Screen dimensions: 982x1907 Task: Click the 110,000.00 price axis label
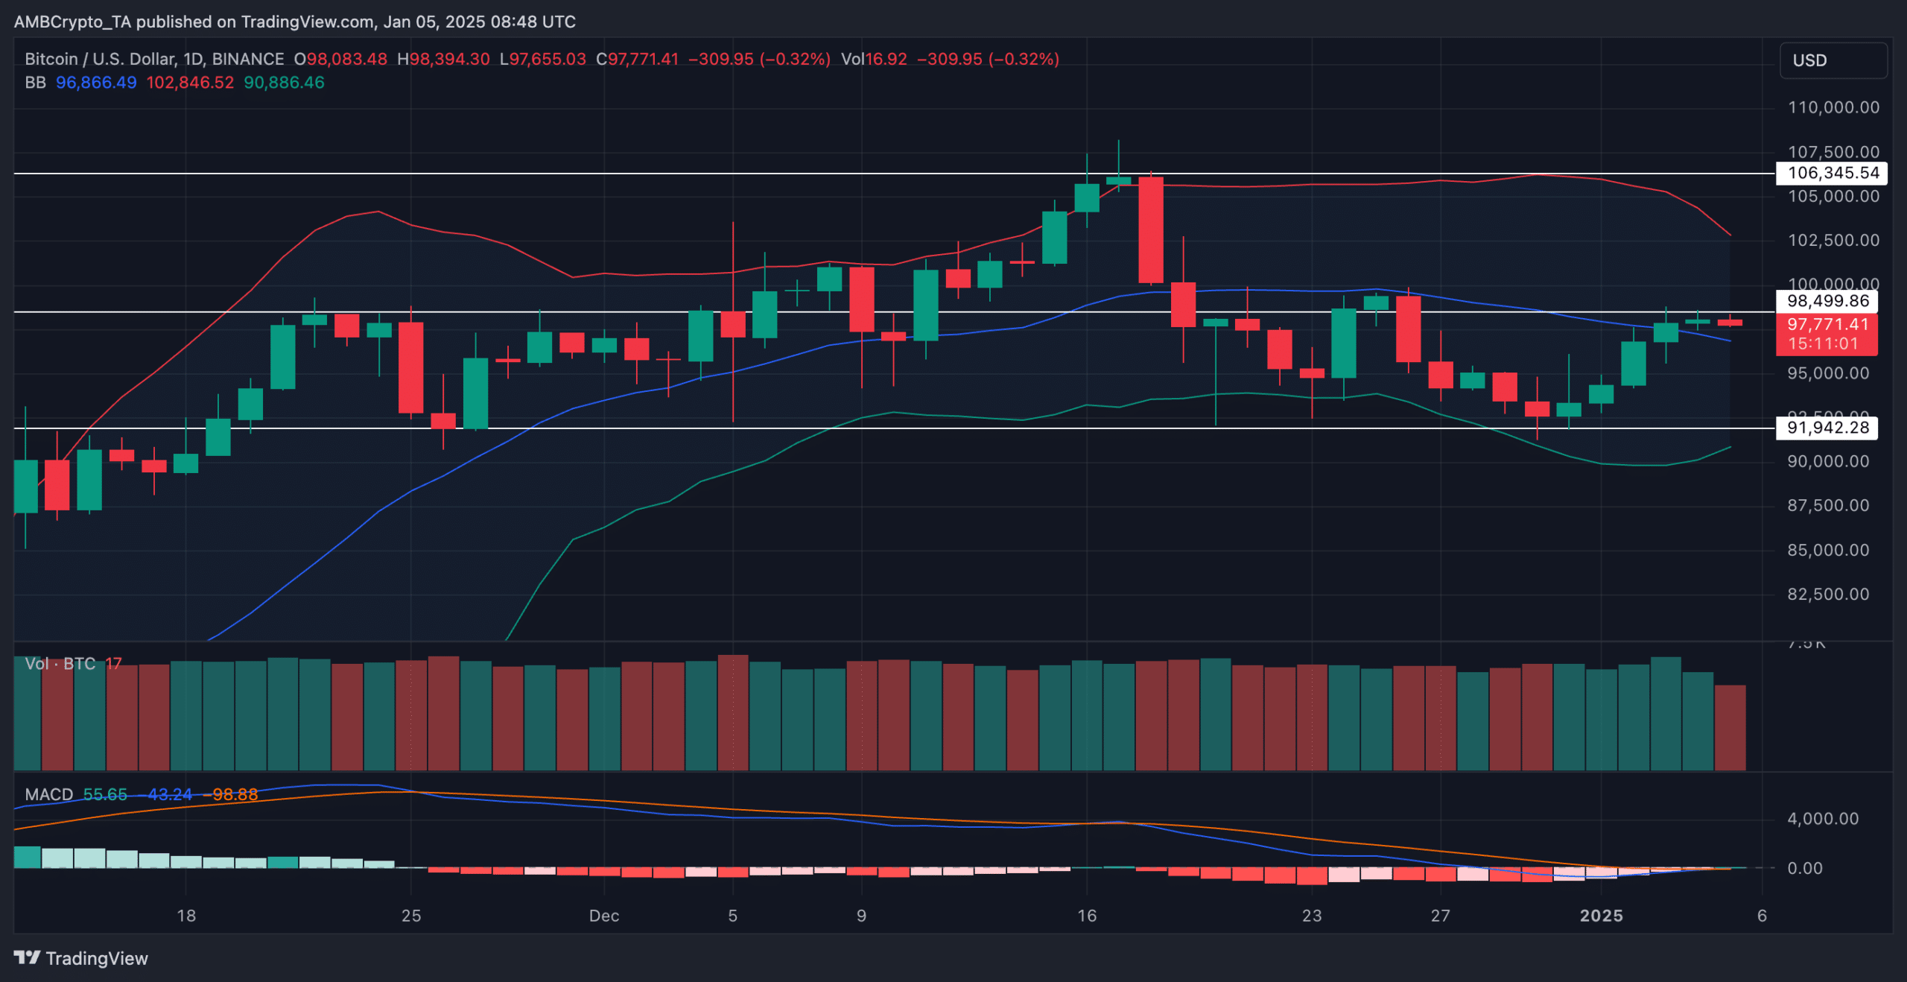point(1833,107)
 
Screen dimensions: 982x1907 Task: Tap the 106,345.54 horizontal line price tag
point(1832,173)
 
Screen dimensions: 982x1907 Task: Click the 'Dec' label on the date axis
point(603,916)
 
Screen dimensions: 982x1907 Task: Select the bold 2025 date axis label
point(1601,916)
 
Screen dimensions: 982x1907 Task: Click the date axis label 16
point(1087,916)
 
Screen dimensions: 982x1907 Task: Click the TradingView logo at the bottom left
point(80,958)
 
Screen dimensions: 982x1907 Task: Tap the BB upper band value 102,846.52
point(189,83)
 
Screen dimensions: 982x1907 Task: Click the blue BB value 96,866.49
point(96,83)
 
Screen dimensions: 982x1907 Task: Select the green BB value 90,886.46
point(284,83)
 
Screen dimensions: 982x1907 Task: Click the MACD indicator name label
point(48,794)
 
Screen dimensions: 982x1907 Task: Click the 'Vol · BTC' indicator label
point(60,664)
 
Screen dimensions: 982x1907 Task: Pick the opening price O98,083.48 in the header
point(340,59)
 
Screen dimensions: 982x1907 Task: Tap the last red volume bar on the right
point(1730,727)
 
